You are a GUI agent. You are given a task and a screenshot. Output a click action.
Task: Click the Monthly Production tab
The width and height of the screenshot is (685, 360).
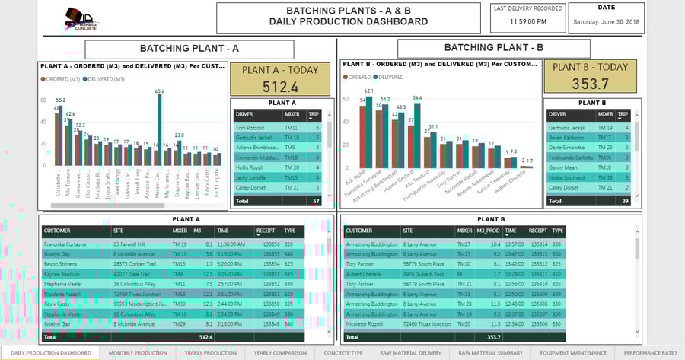[138, 353]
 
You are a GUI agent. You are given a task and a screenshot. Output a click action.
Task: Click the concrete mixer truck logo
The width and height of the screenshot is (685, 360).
[79, 18]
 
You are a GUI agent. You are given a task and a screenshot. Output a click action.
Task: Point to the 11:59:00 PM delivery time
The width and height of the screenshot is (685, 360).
[527, 22]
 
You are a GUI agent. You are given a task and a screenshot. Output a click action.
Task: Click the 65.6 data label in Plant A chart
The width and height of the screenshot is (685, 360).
[159, 91]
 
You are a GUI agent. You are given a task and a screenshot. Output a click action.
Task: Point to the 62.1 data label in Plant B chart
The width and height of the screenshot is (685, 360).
[369, 91]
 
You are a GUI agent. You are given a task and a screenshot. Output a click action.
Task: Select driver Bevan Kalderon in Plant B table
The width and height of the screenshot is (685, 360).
[567, 138]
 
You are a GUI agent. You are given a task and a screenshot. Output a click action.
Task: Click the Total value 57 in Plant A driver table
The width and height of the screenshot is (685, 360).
[316, 201]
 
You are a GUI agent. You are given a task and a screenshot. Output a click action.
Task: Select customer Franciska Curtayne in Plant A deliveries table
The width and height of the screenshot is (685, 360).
[68, 244]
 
